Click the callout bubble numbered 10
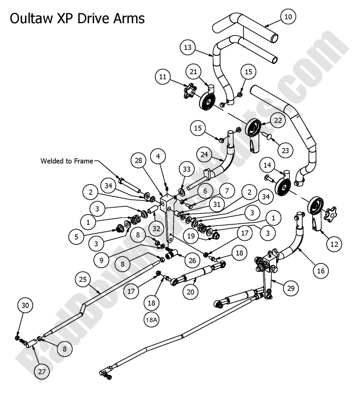coord(288,17)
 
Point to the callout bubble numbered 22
coord(278,120)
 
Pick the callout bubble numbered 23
coord(285,150)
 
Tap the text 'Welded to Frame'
coord(67,161)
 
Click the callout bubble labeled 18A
coord(152,320)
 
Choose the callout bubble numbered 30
coord(26,305)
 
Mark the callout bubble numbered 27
coord(42,371)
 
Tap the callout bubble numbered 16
coord(321,271)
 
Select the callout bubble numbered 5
coord(76,237)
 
